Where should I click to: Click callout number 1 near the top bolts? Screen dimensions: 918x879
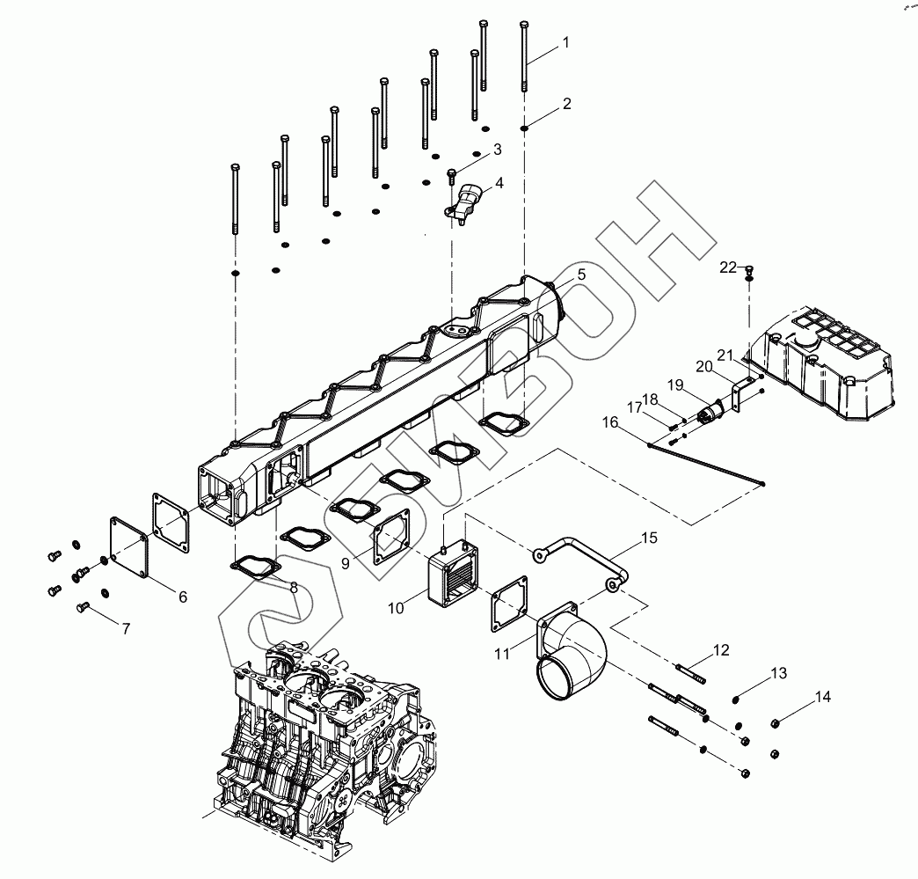[x=566, y=42]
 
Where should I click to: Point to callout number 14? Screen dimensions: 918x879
[x=822, y=697]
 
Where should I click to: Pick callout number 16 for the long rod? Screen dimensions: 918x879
[x=609, y=423]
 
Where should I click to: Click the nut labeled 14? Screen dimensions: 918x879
[x=775, y=723]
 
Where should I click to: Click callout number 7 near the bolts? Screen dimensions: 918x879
[x=125, y=629]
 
